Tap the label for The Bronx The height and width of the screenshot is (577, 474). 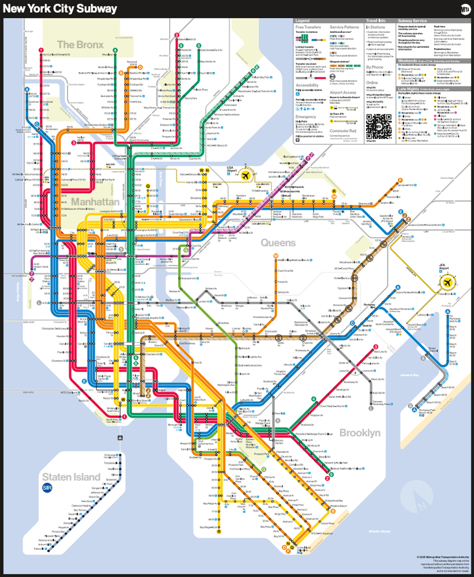click(x=80, y=44)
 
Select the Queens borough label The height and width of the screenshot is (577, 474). click(x=278, y=243)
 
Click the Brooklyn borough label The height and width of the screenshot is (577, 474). click(x=360, y=433)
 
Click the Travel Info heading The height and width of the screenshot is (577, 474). click(x=376, y=21)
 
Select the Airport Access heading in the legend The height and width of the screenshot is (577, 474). click(x=343, y=92)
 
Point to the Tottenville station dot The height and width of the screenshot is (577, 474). click(x=48, y=549)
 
